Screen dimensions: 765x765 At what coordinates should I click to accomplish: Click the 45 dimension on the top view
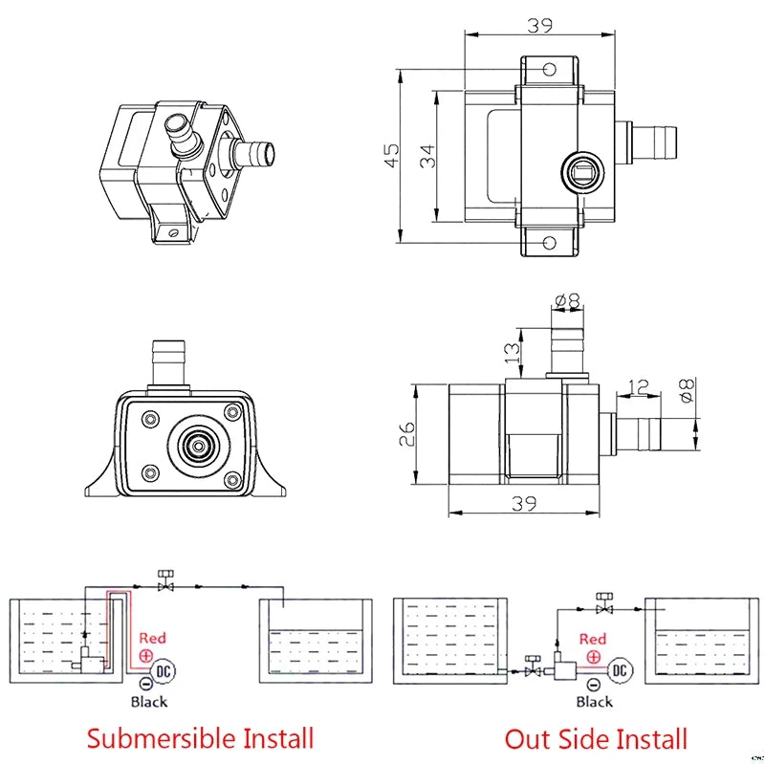(x=391, y=154)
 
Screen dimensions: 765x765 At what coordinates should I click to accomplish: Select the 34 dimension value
(x=426, y=154)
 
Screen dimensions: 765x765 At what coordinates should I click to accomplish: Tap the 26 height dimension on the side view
(x=406, y=435)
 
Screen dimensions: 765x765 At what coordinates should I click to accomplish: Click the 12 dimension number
(x=639, y=387)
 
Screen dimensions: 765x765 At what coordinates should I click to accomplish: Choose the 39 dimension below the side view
(x=522, y=504)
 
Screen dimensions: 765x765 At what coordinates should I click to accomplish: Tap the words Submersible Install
(x=200, y=738)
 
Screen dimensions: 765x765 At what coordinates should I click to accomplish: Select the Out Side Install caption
(x=597, y=738)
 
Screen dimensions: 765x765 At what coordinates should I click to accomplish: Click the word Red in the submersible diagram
(x=153, y=638)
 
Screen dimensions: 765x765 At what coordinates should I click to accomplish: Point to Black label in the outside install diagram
(x=594, y=702)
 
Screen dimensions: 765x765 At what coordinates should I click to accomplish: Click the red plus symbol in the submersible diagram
(x=146, y=655)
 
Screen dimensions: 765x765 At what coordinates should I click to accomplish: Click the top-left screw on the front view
(x=149, y=418)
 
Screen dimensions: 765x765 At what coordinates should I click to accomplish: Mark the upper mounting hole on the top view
(x=549, y=70)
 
